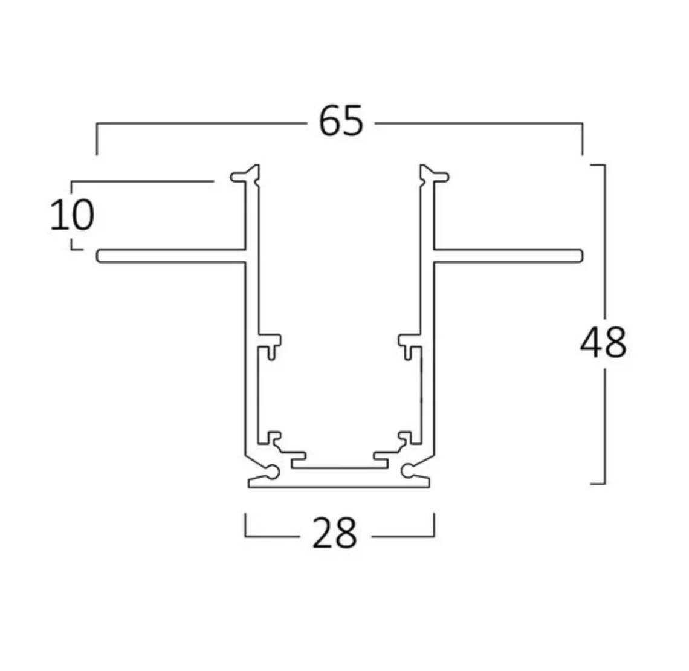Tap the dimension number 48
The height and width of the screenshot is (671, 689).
click(x=603, y=343)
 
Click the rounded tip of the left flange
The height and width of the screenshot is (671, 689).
click(x=100, y=256)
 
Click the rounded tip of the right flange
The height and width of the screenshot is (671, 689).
click(x=580, y=256)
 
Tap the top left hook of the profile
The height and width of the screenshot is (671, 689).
click(x=242, y=175)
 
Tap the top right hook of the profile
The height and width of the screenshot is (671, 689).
click(x=438, y=175)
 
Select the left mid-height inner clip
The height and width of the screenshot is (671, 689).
click(x=270, y=345)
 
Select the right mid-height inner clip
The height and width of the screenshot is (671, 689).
click(x=409, y=345)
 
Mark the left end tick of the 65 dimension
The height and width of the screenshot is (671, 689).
click(x=97, y=139)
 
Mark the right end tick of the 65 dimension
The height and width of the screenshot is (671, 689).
click(x=583, y=139)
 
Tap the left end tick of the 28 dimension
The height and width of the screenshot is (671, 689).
click(x=245, y=525)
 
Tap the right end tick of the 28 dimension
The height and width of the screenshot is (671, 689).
click(x=434, y=525)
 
